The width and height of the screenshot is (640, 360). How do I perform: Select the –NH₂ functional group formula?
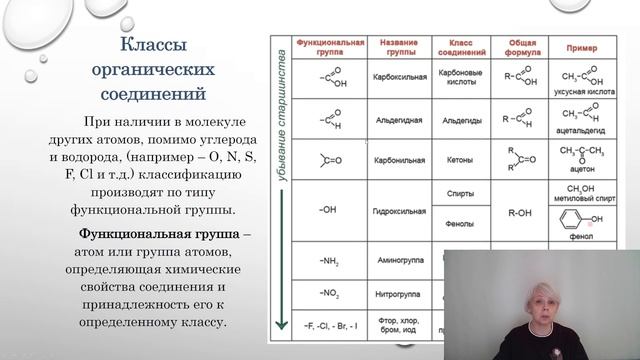[x=331, y=262]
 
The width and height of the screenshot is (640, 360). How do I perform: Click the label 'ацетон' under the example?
[x=579, y=171]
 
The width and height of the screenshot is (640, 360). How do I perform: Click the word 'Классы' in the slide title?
[x=148, y=47]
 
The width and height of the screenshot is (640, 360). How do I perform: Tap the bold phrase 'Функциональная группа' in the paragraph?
[x=158, y=233]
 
